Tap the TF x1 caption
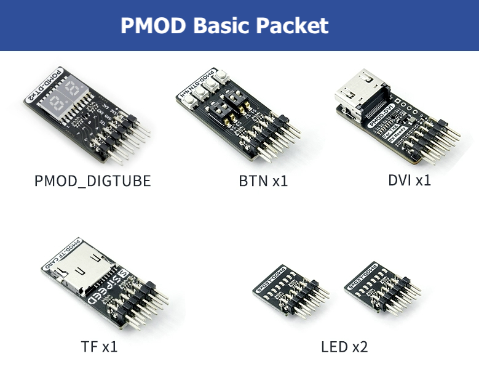click(98, 346)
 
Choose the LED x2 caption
click(344, 346)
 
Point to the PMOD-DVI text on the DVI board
click(381, 111)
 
